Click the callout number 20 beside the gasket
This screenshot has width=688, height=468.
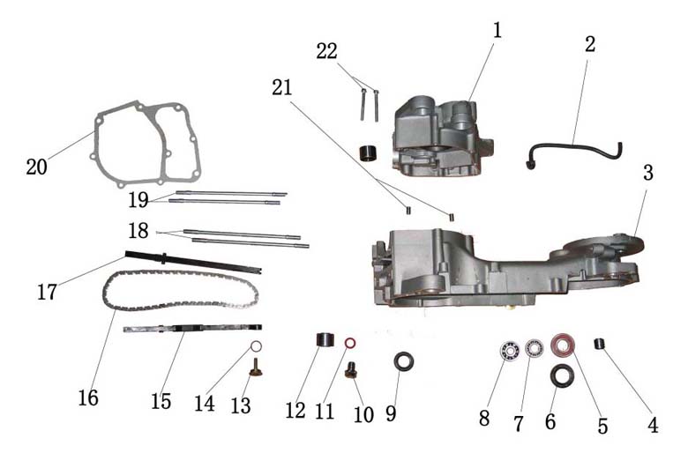36,167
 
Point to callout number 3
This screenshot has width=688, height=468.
648,173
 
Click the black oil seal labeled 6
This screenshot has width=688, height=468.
563,375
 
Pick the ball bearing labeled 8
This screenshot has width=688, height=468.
510,351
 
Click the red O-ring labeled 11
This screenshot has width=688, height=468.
350,343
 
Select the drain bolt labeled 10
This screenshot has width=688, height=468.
350,370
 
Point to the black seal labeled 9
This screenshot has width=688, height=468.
404,362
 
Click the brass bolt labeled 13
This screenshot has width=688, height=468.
256,368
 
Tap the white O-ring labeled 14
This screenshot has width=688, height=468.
257,346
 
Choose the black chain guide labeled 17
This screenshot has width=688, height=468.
193,262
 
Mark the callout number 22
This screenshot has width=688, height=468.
327,52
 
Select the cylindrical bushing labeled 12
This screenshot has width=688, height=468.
325,340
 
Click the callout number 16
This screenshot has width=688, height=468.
88,397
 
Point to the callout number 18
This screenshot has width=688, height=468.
138,231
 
